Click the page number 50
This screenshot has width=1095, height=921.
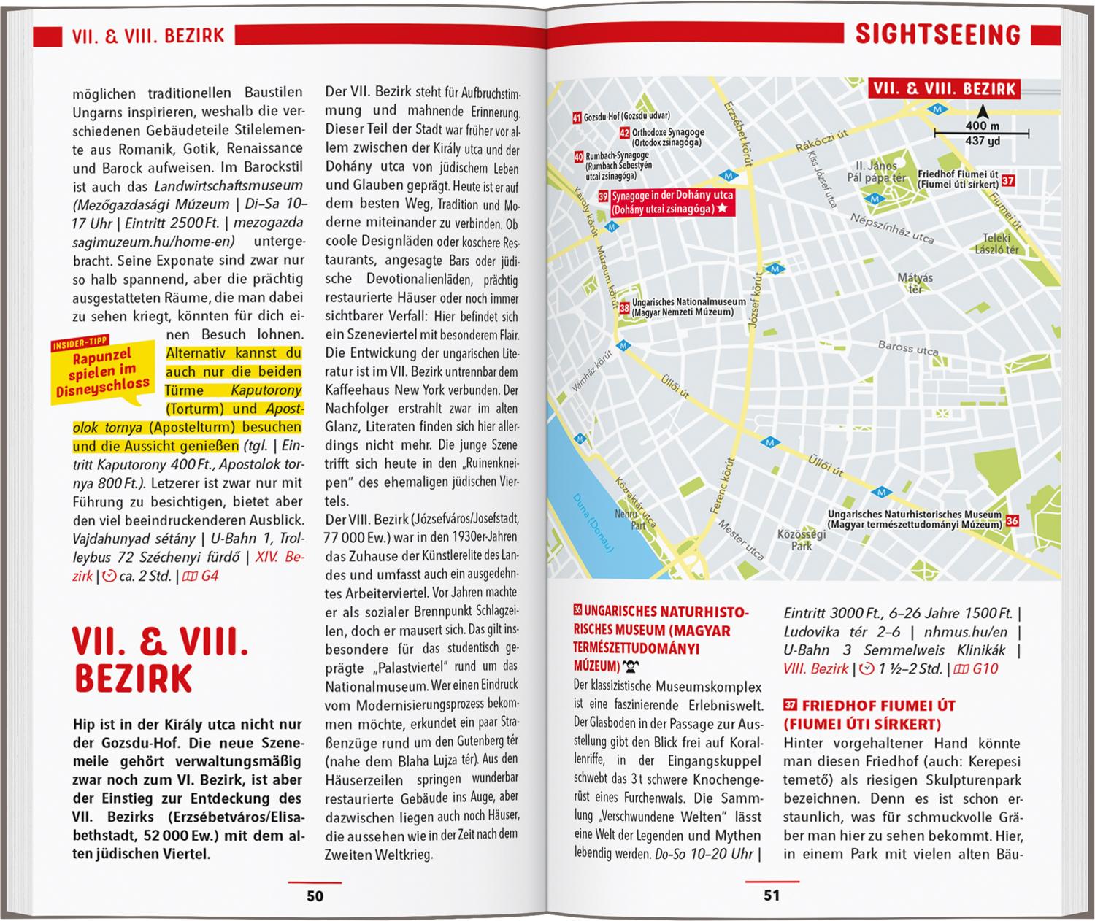[315, 895]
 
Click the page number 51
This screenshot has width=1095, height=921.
[772, 895]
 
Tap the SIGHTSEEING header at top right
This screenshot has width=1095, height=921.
[937, 34]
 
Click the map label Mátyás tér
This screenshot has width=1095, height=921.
[915, 283]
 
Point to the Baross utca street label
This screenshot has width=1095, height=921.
[908, 348]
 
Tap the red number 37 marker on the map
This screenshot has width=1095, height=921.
[1008, 180]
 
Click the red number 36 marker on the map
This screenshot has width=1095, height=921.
[1012, 520]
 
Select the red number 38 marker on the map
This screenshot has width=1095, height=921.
[623, 308]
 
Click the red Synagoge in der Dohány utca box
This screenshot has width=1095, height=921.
[664, 203]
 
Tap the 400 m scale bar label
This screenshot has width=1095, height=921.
[981, 126]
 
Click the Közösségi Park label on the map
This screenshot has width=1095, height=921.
[802, 539]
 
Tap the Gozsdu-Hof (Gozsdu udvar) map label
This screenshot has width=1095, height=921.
[620, 116]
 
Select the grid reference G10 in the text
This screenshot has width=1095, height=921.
[985, 668]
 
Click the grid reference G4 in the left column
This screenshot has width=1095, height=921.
[210, 576]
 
